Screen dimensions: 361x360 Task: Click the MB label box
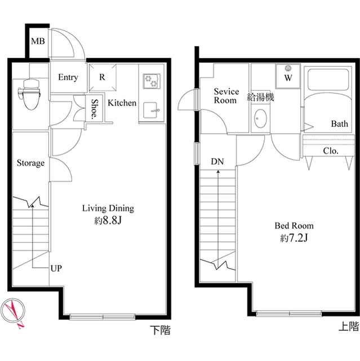pos(38,41)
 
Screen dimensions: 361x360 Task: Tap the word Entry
pos(68,77)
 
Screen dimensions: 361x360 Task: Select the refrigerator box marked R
pos(102,77)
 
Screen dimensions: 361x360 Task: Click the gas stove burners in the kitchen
pos(151,81)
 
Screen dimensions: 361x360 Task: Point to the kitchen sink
pos(151,111)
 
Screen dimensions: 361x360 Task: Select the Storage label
pos(30,164)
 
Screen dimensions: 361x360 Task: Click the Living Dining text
pos(108,208)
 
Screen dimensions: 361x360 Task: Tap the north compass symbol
pos(15,311)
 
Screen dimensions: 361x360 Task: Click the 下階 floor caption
pos(161,331)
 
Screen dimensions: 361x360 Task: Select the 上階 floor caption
pos(348,326)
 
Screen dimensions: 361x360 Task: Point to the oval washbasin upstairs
pos(261,118)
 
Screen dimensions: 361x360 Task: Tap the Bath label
pos(339,124)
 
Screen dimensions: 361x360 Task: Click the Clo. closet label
pos(331,151)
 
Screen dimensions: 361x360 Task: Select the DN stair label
pos(217,162)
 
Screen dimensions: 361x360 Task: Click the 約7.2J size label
pos(294,238)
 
